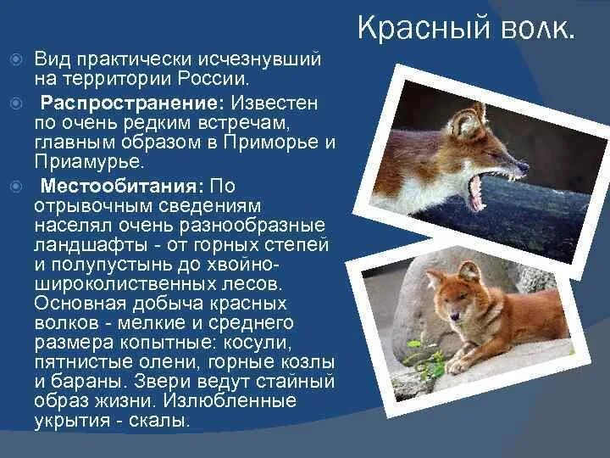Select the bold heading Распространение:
pyautogui.click(x=132, y=103)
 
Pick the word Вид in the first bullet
pyautogui.click(x=51, y=61)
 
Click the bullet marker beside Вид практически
pyautogui.click(x=14, y=61)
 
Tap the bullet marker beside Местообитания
pyautogui.click(x=14, y=186)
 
